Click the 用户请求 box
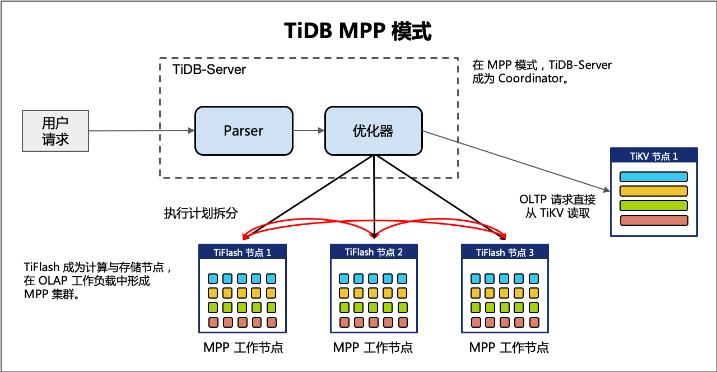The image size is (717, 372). (x=55, y=131)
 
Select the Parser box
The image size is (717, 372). (x=244, y=131)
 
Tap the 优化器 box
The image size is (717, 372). (x=374, y=131)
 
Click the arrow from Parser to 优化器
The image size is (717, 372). (x=309, y=131)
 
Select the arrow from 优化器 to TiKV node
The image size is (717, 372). (x=515, y=161)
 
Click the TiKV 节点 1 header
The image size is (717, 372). (x=654, y=156)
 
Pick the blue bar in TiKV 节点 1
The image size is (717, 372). (x=654, y=177)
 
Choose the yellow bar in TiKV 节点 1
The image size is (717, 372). (x=654, y=191)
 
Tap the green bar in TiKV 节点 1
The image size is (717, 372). (x=654, y=206)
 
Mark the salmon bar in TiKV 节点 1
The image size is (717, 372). (x=654, y=220)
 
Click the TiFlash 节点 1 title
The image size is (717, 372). (x=243, y=252)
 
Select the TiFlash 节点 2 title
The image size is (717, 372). (x=374, y=252)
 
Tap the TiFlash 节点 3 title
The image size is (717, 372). (x=505, y=252)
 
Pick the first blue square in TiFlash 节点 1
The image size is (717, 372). (x=213, y=278)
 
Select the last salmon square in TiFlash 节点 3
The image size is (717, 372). (x=534, y=322)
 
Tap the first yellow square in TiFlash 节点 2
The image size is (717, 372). (x=344, y=293)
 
